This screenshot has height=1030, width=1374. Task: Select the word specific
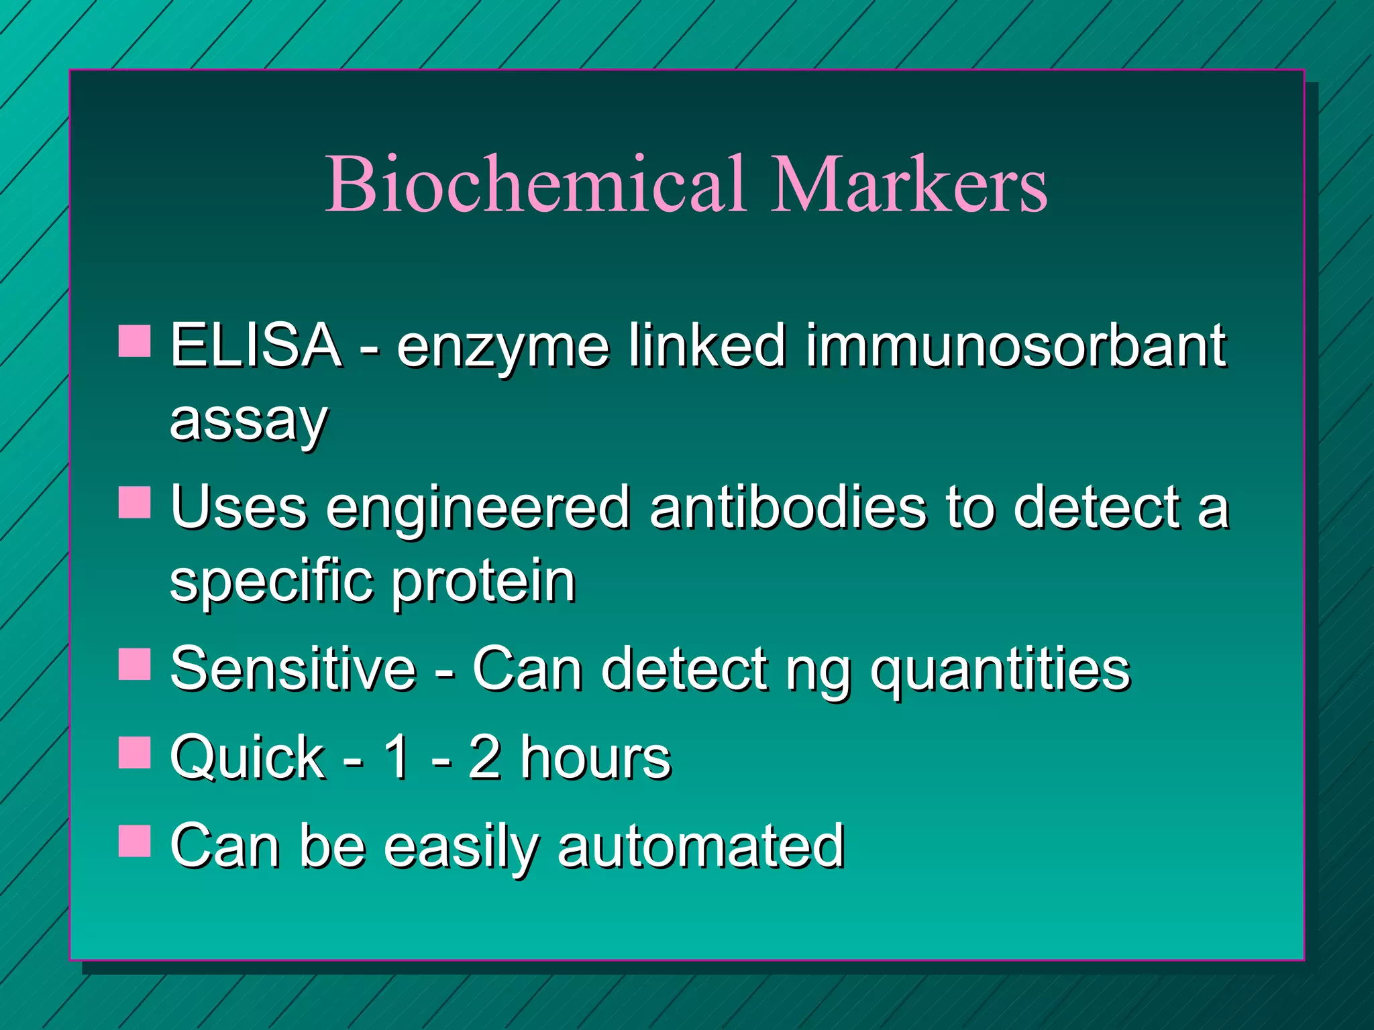pos(271,582)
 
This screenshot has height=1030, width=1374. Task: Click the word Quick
pos(248,758)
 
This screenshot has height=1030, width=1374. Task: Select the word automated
pos(700,846)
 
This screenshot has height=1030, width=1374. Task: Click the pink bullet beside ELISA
pos(134,342)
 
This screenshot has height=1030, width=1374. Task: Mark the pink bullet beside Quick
pos(134,753)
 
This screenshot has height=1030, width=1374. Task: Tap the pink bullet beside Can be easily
pos(134,842)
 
